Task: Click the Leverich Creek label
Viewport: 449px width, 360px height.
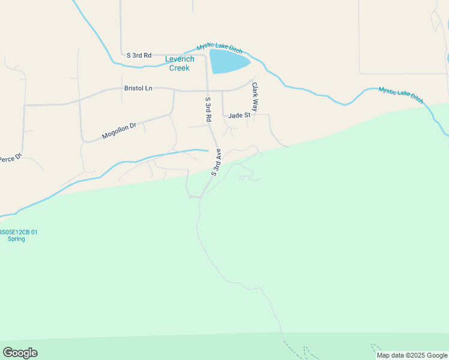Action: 179,64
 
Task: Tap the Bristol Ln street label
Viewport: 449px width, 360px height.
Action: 138,88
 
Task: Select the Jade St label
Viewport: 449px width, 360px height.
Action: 238,115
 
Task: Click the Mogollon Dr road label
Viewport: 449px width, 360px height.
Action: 119,131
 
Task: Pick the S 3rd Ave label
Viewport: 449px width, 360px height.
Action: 216,162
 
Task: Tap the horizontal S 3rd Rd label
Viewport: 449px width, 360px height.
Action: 139,55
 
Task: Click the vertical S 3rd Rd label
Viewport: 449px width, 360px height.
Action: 208,110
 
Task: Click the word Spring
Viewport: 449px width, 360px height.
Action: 16,239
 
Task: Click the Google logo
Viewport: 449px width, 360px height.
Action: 20,353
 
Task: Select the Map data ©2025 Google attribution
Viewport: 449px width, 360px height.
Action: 412,356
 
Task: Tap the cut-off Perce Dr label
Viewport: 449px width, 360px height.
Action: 10,158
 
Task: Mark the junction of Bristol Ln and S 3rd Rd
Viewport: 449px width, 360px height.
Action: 208,91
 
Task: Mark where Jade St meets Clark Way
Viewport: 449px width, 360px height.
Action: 254,115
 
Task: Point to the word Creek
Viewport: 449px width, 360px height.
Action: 179,68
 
